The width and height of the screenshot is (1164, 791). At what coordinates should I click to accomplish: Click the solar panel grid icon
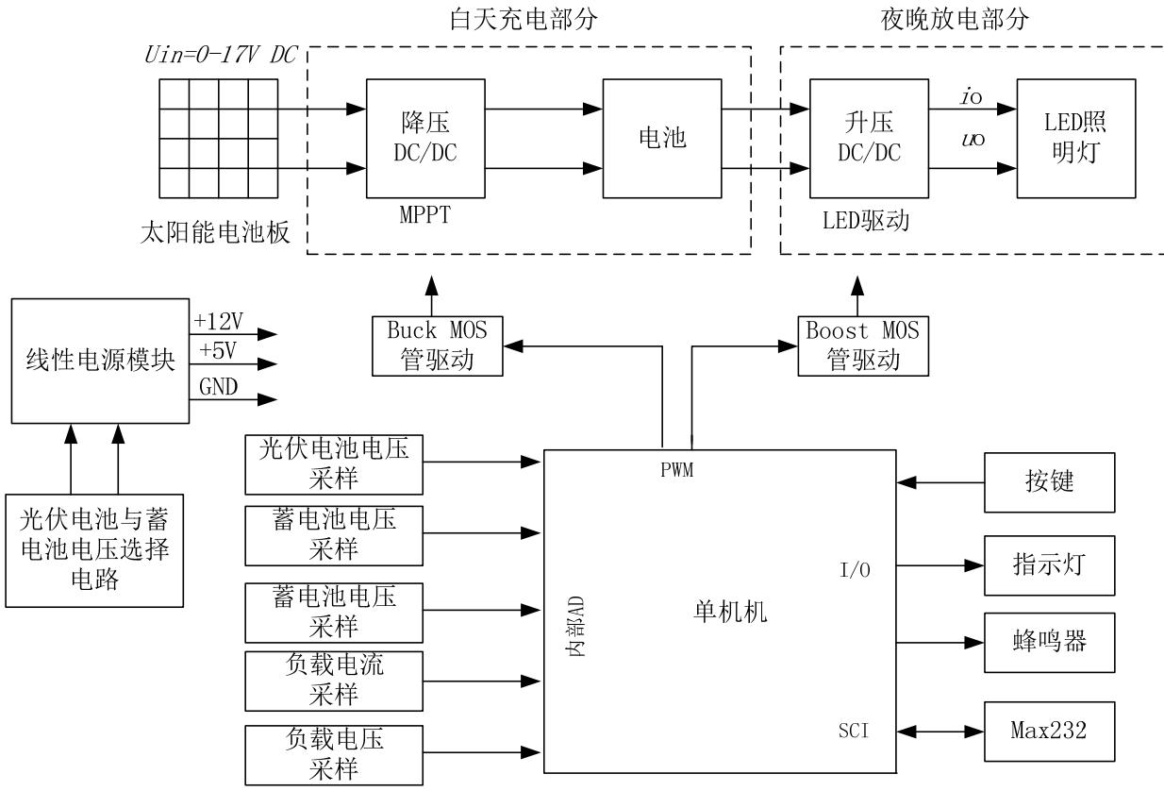point(218,138)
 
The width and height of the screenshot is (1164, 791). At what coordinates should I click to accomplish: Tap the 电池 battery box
point(662,138)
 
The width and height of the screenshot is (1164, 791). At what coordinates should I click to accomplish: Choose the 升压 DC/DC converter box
point(869,138)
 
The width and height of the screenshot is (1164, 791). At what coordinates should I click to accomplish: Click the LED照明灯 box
point(1075,138)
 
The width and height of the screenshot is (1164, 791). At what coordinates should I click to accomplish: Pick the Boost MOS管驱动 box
point(863,345)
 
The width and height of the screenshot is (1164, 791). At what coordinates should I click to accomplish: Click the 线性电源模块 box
point(99,360)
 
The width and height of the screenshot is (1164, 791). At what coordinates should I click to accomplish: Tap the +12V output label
point(218,321)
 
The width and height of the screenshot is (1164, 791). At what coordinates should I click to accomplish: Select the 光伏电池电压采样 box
point(334,463)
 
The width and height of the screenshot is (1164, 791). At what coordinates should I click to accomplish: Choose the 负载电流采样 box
point(334,680)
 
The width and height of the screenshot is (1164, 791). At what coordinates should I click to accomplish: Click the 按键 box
point(1049,482)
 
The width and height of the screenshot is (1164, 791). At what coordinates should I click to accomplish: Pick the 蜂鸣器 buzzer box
point(1049,642)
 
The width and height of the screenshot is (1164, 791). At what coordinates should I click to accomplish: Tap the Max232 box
point(1049,731)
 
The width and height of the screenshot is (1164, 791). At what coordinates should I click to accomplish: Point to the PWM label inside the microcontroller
point(677,471)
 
